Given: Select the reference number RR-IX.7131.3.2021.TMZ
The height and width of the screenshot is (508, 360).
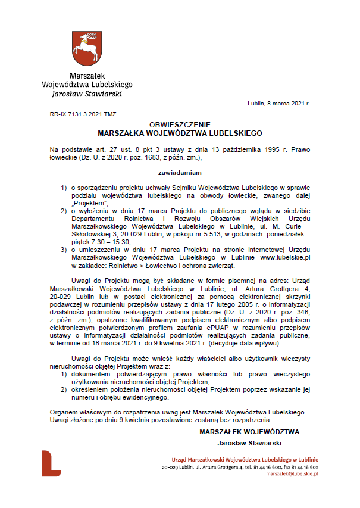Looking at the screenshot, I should [x=83, y=113].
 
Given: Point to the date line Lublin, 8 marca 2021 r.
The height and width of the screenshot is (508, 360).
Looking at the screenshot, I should [x=279, y=103].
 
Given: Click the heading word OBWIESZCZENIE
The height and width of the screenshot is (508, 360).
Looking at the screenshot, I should [x=180, y=126].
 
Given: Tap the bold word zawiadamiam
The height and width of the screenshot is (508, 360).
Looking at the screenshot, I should [x=180, y=173].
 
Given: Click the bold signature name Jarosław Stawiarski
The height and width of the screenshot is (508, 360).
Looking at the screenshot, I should [x=249, y=442].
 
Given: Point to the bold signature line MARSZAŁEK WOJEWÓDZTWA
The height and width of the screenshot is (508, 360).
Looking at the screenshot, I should [x=249, y=431].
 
